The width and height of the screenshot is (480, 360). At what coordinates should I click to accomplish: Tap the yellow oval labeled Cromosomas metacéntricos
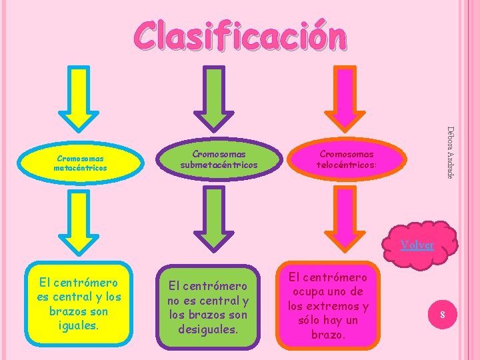coord(82,164)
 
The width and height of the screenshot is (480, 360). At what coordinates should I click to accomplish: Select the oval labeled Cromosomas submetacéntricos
coord(219,159)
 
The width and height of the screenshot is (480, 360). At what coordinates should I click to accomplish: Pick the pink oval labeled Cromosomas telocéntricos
coord(346,159)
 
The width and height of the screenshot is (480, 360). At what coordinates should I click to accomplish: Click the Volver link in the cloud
coord(417,245)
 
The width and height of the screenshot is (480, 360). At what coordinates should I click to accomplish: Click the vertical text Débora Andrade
coord(451,152)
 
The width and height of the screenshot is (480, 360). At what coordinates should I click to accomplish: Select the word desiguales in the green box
coord(207,329)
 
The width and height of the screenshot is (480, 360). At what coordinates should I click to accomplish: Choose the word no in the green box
coord(175,301)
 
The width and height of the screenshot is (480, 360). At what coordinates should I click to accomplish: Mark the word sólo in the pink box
coord(309,320)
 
